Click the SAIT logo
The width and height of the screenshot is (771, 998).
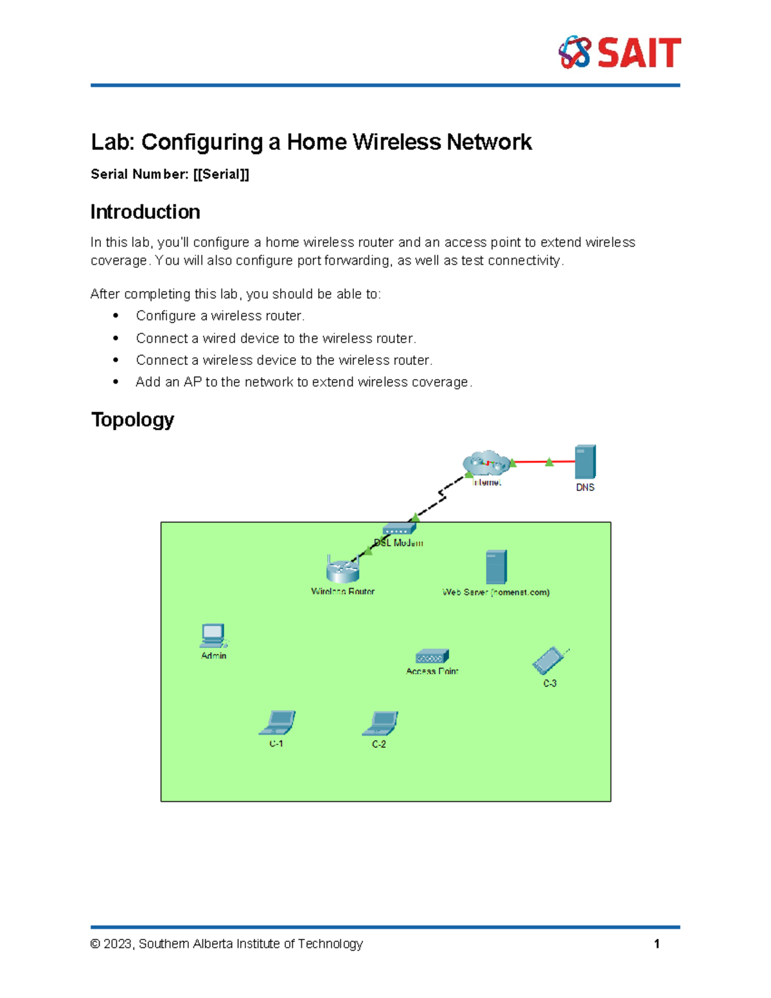[619, 53]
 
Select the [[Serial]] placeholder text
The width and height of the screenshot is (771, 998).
[221, 174]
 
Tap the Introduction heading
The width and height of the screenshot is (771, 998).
[145, 212]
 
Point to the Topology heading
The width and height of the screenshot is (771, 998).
[132, 420]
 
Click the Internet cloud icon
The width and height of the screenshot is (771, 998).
[486, 463]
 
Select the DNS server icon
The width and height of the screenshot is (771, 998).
[585, 461]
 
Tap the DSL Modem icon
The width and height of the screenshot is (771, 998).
[399, 529]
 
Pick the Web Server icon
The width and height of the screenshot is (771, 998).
[496, 567]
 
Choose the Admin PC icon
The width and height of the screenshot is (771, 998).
[213, 636]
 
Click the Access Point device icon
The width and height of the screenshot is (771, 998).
[432, 657]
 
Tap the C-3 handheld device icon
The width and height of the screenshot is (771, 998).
[549, 661]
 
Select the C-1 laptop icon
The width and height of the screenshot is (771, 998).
[277, 723]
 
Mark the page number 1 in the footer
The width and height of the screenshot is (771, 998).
[657, 944]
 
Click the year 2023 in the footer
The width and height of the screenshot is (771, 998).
[118, 944]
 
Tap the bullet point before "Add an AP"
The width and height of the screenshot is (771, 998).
[116, 382]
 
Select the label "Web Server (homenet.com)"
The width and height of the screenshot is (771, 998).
[496, 593]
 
